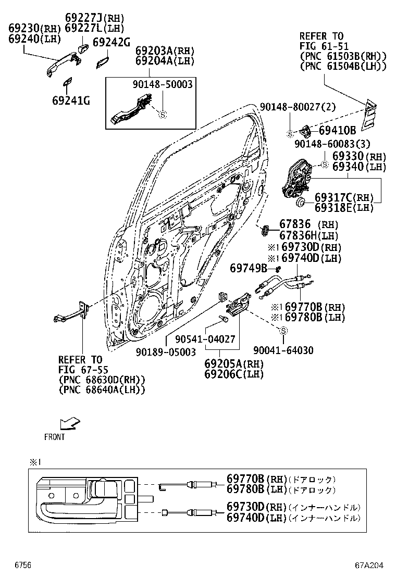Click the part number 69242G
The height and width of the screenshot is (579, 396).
tap(111, 43)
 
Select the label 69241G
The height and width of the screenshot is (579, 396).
tap(70, 100)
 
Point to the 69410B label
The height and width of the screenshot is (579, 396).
tap(337, 130)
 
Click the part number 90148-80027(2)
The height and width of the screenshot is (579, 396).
tap(298, 107)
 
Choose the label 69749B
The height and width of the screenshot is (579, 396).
tap(249, 268)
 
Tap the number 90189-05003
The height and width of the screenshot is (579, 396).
tap(166, 352)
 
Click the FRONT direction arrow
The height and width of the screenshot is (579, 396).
tap(70, 422)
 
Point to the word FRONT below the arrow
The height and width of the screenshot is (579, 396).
tap(55, 437)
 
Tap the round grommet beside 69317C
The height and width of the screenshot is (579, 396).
tap(301, 202)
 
